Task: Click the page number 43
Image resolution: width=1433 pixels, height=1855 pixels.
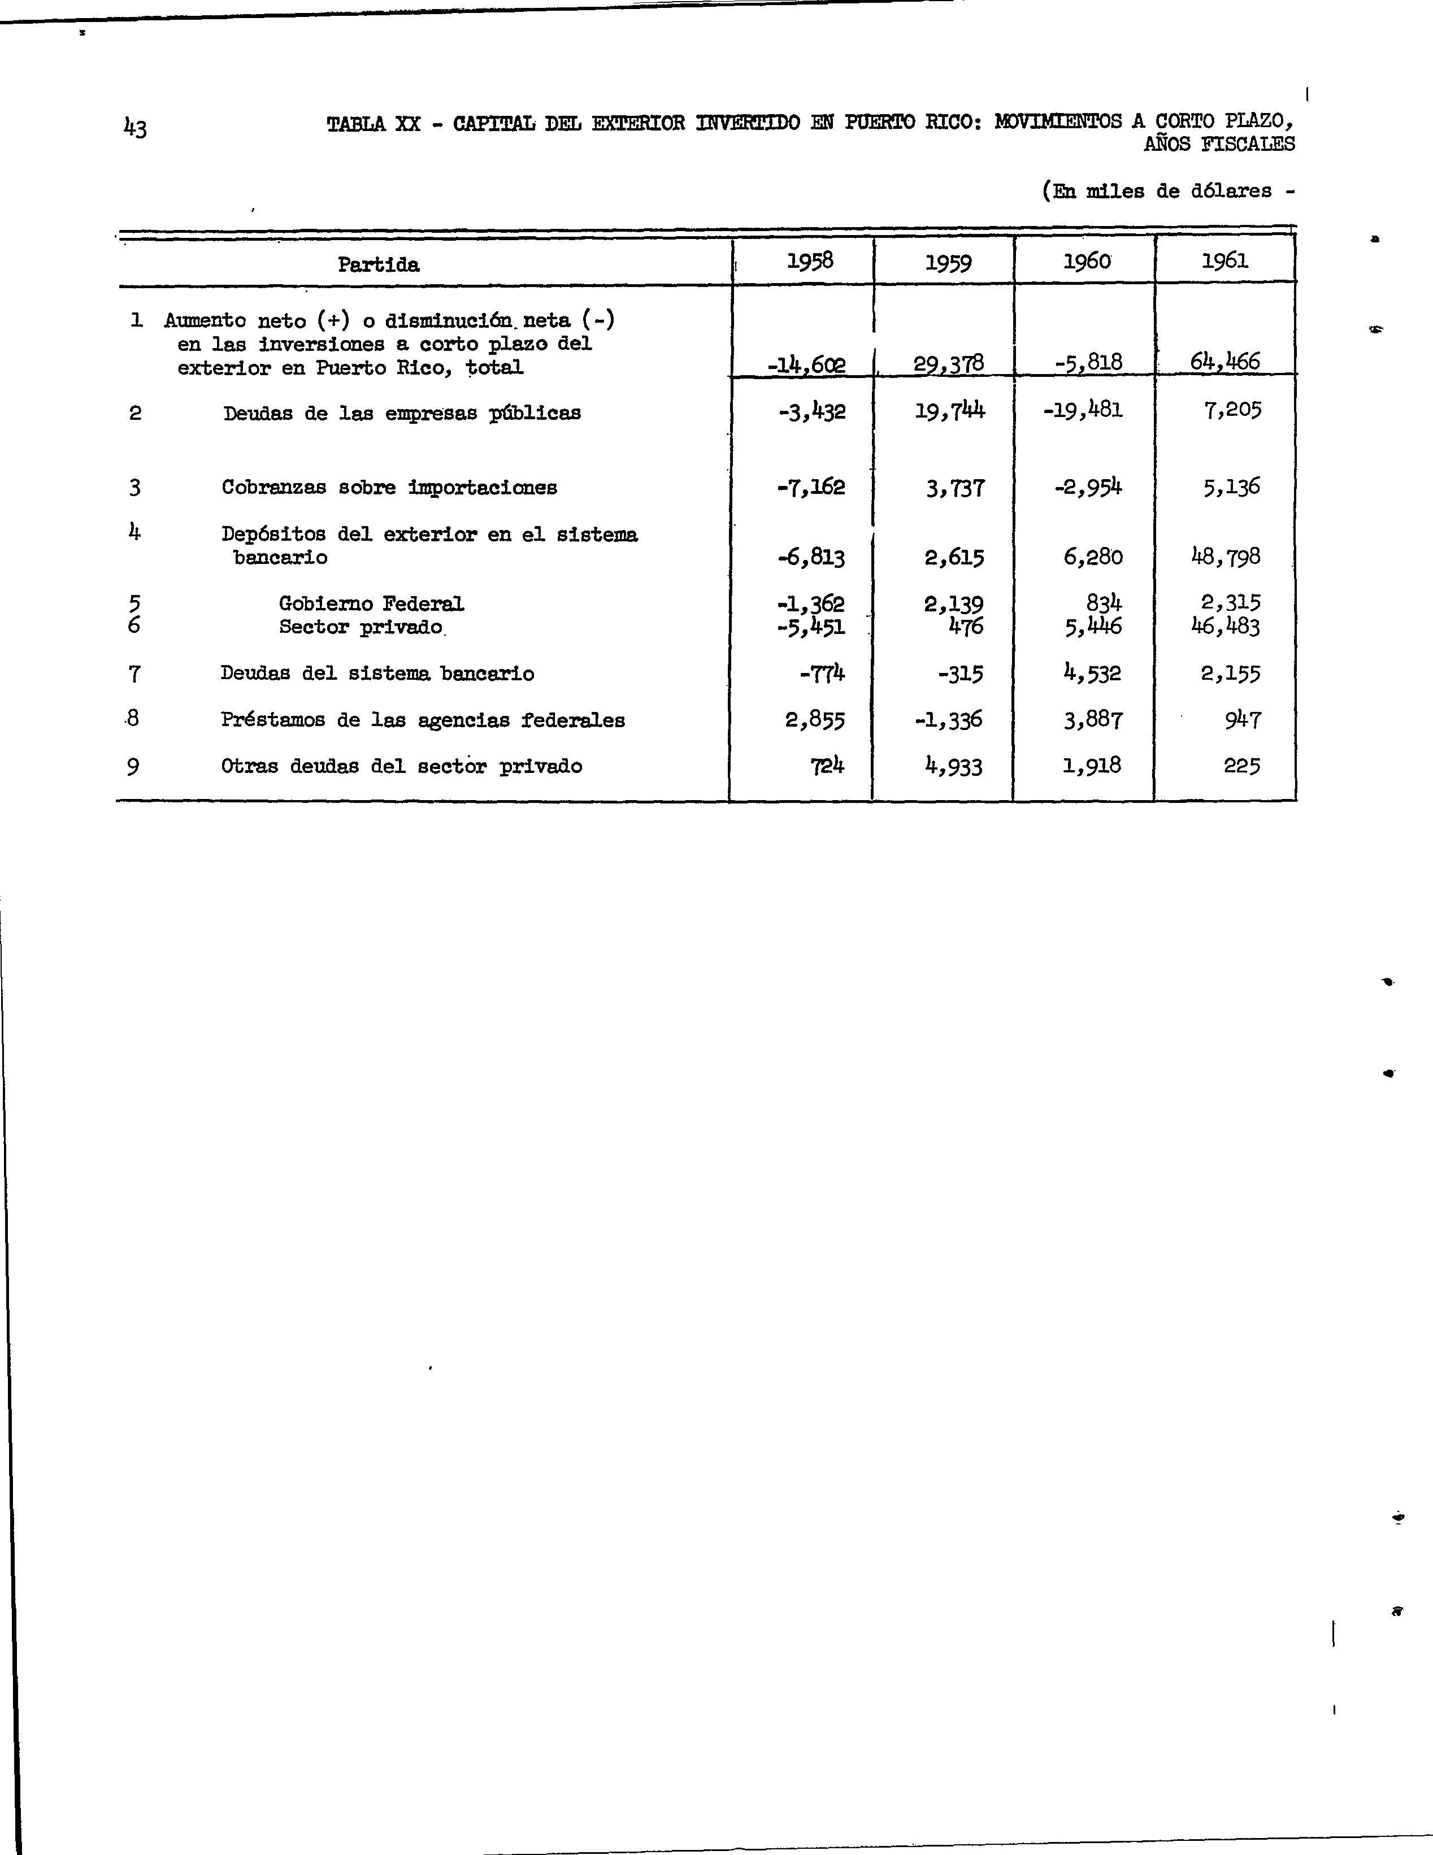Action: coord(135,128)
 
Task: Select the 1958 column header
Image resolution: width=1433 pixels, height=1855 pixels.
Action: coord(810,260)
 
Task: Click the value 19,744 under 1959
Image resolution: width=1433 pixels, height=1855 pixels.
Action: coord(950,411)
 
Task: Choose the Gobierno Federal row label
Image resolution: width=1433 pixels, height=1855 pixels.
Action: coord(371,604)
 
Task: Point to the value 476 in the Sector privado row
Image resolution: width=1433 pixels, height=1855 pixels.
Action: coord(966,627)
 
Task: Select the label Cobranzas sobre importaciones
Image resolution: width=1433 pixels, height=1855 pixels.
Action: coord(389,488)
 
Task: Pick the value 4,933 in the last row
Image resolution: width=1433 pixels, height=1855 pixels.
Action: coord(953,767)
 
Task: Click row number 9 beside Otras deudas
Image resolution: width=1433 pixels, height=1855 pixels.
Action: coord(133,767)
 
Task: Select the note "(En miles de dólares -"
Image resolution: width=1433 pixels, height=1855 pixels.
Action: coord(1168,191)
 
